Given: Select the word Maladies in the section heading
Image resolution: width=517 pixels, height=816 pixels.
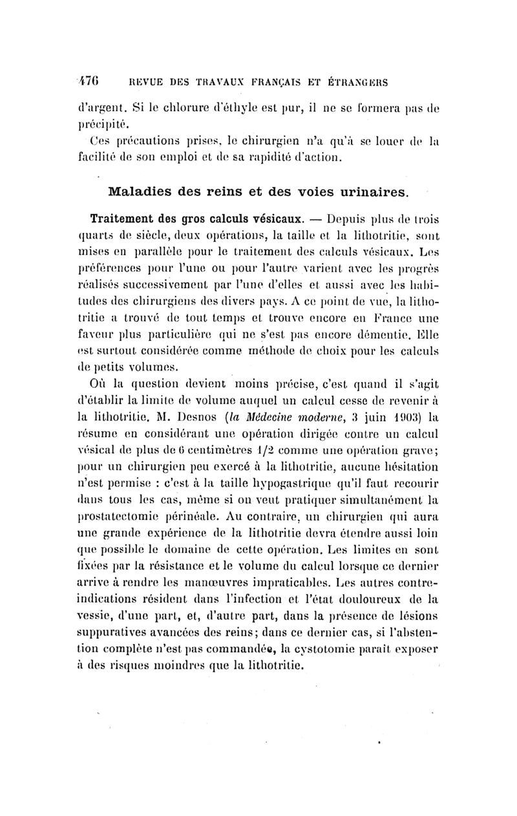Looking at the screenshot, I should (142, 193).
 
